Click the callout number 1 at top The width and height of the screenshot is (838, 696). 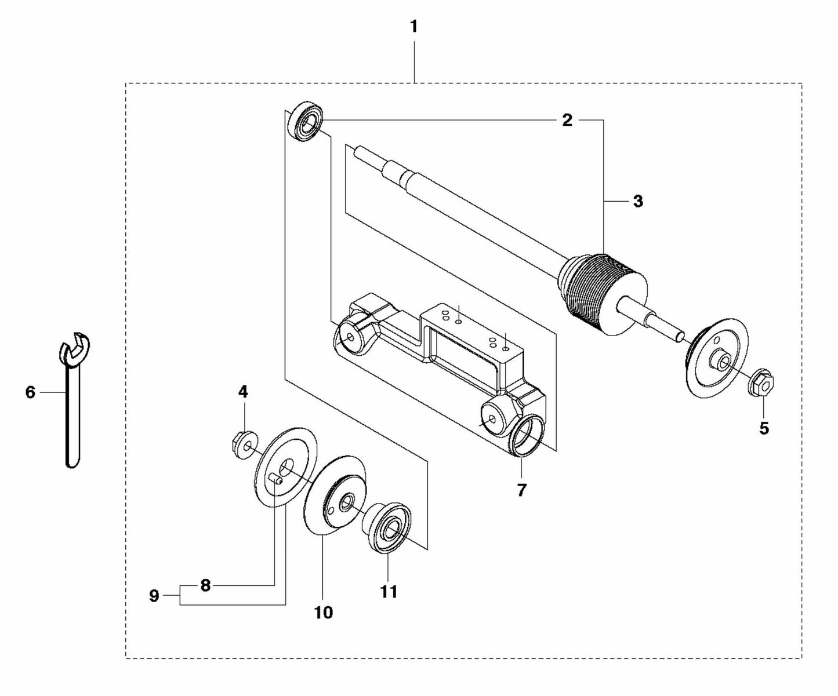[413, 27]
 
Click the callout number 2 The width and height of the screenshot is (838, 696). [567, 120]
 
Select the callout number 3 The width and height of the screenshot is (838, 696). [638, 202]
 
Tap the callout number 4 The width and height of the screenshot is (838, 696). [243, 392]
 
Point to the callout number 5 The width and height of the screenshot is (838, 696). [764, 428]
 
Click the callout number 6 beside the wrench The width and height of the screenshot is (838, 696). [30, 392]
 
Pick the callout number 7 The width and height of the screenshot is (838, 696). [521, 490]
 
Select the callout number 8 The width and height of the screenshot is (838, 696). [205, 585]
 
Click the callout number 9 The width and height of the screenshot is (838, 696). [154, 596]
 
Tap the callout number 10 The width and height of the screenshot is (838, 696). [324, 612]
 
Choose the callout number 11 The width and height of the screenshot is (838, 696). [389, 591]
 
